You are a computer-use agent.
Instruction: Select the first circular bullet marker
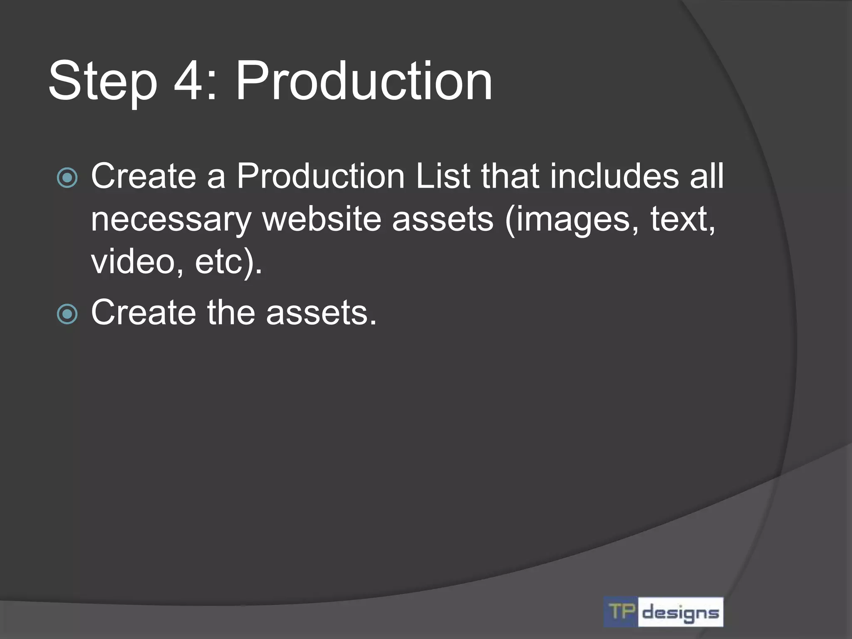coord(67,178)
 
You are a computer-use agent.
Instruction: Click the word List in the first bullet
coord(443,176)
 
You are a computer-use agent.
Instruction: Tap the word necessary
coord(171,220)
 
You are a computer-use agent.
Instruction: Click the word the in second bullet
coord(231,312)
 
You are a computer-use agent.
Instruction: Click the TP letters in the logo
coord(622,612)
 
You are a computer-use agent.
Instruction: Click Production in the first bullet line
coord(320,176)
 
